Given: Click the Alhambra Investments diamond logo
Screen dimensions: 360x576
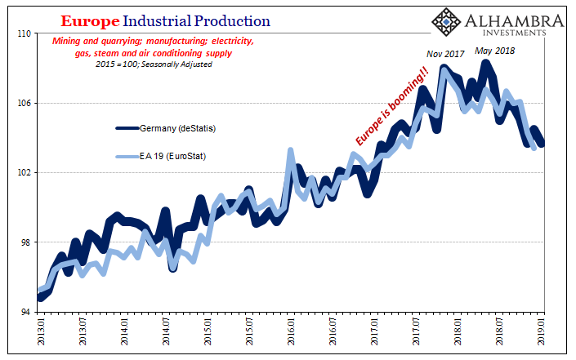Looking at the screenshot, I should point(448,24).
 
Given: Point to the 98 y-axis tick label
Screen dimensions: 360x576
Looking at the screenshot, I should point(24,242).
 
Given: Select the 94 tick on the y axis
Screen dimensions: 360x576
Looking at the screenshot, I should point(24,312).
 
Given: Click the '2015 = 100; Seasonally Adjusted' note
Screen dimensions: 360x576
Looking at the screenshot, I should point(154,64).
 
